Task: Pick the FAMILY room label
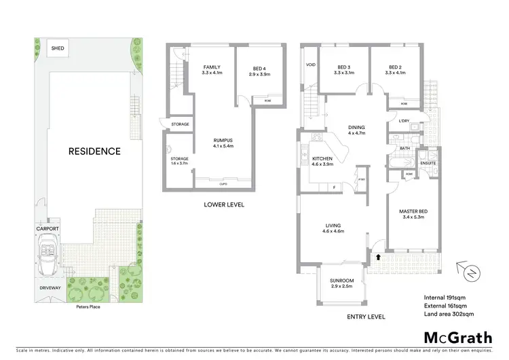tap(212, 67)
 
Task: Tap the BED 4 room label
tap(260, 67)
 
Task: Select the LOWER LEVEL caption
tap(224, 204)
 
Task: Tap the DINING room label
tap(356, 127)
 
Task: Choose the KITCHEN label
tap(322, 160)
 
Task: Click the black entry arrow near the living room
tap(378, 257)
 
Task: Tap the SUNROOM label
tap(341, 280)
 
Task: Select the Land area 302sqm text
tap(449, 314)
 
